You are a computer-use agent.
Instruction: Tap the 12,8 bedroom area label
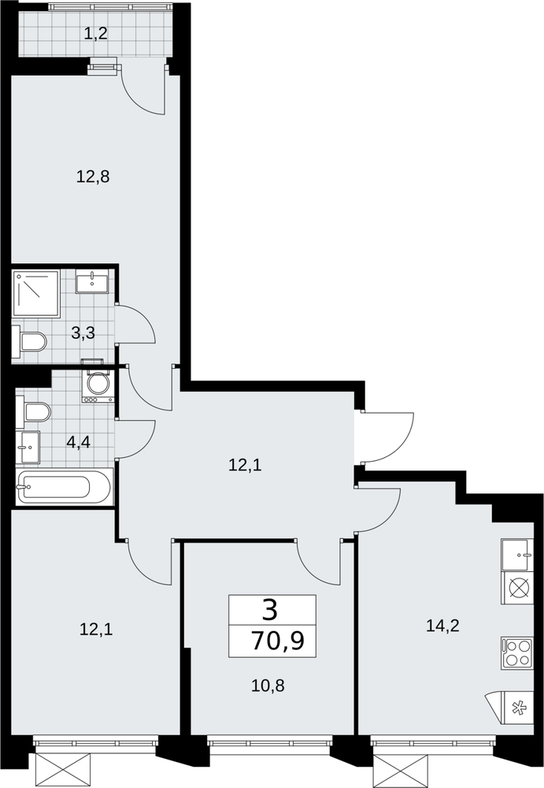tap(93, 177)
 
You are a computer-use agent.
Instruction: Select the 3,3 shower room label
tap(83, 333)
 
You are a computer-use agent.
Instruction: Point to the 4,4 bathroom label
tap(79, 443)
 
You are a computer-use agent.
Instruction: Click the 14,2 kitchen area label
tap(442, 626)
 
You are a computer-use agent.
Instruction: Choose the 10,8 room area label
tap(268, 685)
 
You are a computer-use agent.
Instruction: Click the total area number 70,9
tap(278, 641)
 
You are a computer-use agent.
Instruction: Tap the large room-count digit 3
tap(270, 611)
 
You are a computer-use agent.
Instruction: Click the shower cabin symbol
tap(36, 293)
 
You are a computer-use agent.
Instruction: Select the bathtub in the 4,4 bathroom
tap(65, 486)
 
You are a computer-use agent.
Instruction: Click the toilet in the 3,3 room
tap(30, 341)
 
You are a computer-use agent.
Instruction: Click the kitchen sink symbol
tap(517, 555)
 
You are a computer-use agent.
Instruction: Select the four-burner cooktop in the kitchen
tap(517, 652)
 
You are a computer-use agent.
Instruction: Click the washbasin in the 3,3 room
tap(92, 282)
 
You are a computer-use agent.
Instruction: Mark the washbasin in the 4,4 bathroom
tap(28, 448)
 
